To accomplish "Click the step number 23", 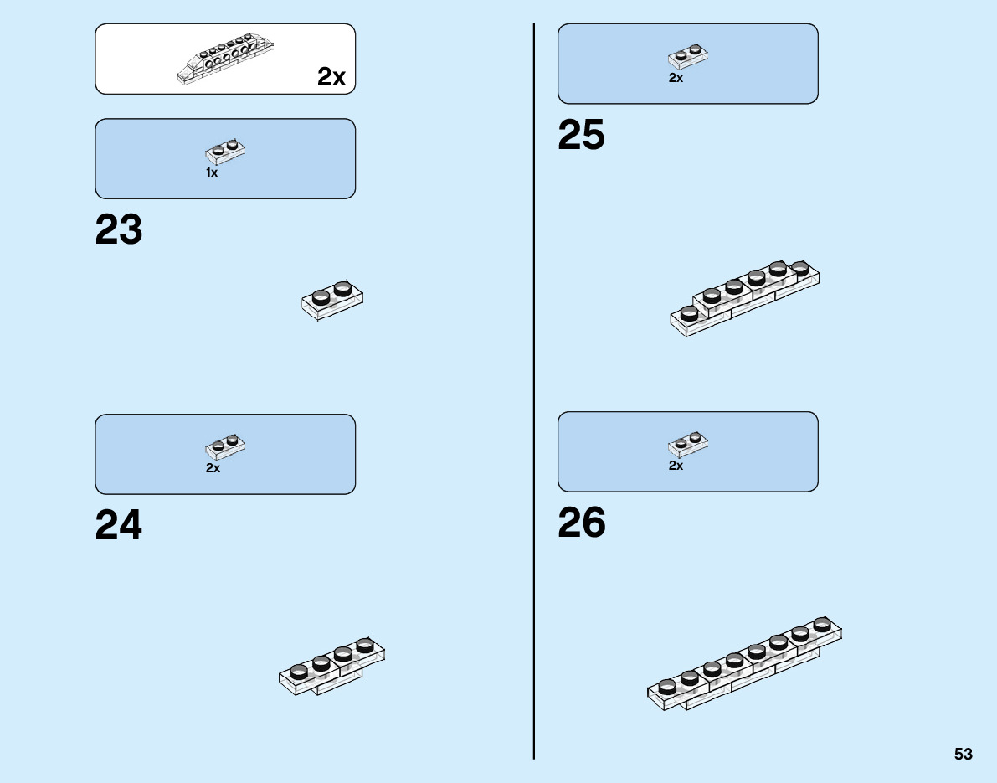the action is [119, 230].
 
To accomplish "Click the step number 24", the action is [119, 526].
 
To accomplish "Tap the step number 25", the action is [581, 136].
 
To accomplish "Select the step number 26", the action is [581, 523].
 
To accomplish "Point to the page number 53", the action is [963, 754].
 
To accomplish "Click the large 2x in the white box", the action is [331, 77].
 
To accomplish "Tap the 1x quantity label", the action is [212, 173].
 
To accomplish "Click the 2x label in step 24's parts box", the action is [213, 468].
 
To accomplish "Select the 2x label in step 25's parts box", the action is [676, 78].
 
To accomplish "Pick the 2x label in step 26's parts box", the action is [676, 466].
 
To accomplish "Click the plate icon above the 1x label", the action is [226, 151].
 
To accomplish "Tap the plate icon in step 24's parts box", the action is [226, 446].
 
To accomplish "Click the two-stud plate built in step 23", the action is [332, 301].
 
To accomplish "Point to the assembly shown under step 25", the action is [745, 299].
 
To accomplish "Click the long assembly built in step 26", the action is [745, 665].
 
